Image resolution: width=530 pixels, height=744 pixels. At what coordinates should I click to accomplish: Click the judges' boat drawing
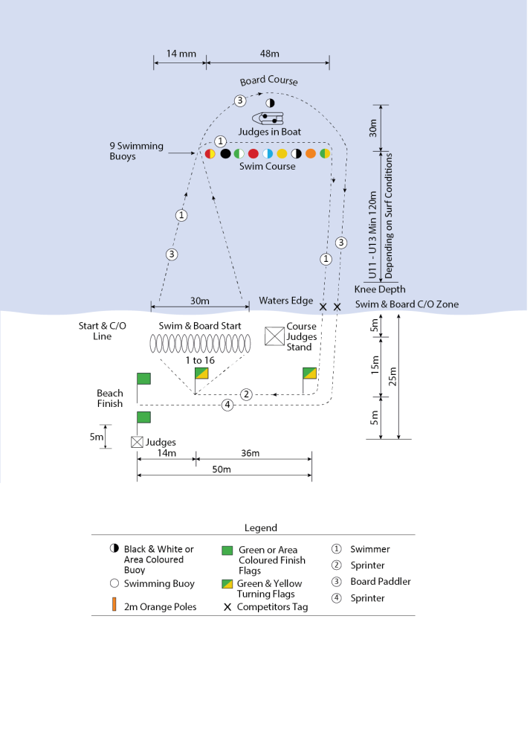coord(269,118)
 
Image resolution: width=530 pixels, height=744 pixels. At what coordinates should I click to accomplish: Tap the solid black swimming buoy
coord(225,154)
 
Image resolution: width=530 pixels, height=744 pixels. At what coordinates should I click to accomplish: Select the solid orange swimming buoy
coord(310,154)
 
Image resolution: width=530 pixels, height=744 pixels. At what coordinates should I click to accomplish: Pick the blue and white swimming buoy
coord(268,154)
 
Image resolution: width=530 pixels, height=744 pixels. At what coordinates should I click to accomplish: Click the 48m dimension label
coord(269,54)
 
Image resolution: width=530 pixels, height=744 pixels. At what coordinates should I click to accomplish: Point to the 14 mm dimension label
coord(181,54)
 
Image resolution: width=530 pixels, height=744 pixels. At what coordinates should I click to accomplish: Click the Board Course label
coord(268,81)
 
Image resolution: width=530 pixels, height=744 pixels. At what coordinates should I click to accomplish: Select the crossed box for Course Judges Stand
coord(275,336)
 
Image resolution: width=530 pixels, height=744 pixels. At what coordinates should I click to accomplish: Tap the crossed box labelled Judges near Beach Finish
coord(137,442)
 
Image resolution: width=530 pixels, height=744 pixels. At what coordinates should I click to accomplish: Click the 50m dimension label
coord(222,469)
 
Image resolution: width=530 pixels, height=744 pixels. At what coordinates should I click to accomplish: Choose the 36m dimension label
coord(251,454)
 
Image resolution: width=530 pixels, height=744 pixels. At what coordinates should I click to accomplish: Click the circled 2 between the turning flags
coord(247,394)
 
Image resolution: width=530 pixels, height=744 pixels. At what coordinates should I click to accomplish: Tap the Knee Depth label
coord(380,289)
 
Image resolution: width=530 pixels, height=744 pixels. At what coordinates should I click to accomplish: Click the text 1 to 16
coord(200,359)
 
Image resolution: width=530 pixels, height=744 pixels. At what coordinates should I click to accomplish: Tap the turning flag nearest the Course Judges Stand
coord(310,373)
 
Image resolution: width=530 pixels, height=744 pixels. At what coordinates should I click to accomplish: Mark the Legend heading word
coord(260,528)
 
